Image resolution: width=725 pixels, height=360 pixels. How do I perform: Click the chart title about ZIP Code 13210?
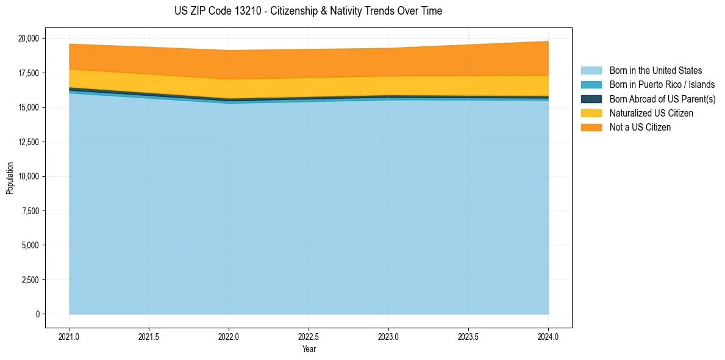(x=308, y=11)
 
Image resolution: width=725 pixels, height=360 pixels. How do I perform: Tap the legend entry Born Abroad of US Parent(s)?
(x=662, y=99)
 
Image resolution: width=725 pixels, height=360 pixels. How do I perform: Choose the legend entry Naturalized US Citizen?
(x=651, y=113)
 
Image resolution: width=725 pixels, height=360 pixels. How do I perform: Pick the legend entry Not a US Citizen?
(x=640, y=128)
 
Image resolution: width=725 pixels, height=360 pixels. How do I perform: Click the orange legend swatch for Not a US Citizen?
(x=591, y=128)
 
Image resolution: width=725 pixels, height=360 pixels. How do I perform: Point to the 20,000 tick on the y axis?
(x=29, y=38)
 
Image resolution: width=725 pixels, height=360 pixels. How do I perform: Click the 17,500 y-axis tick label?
(x=29, y=73)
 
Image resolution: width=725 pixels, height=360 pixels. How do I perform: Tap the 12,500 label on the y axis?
(x=29, y=142)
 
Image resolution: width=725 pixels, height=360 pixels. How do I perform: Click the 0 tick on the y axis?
(x=37, y=314)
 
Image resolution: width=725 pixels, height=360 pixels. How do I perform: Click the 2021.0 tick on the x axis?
(x=69, y=336)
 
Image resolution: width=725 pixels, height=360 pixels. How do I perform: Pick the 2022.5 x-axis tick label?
(x=309, y=336)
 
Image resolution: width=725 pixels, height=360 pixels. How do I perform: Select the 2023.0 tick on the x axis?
(x=388, y=336)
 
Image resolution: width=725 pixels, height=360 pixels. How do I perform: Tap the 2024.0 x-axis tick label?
(x=548, y=336)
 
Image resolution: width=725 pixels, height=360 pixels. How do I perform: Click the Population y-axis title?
(x=10, y=178)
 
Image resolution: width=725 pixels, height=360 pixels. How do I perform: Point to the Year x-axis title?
(x=309, y=349)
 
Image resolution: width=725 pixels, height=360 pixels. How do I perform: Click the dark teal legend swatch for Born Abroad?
(x=591, y=99)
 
